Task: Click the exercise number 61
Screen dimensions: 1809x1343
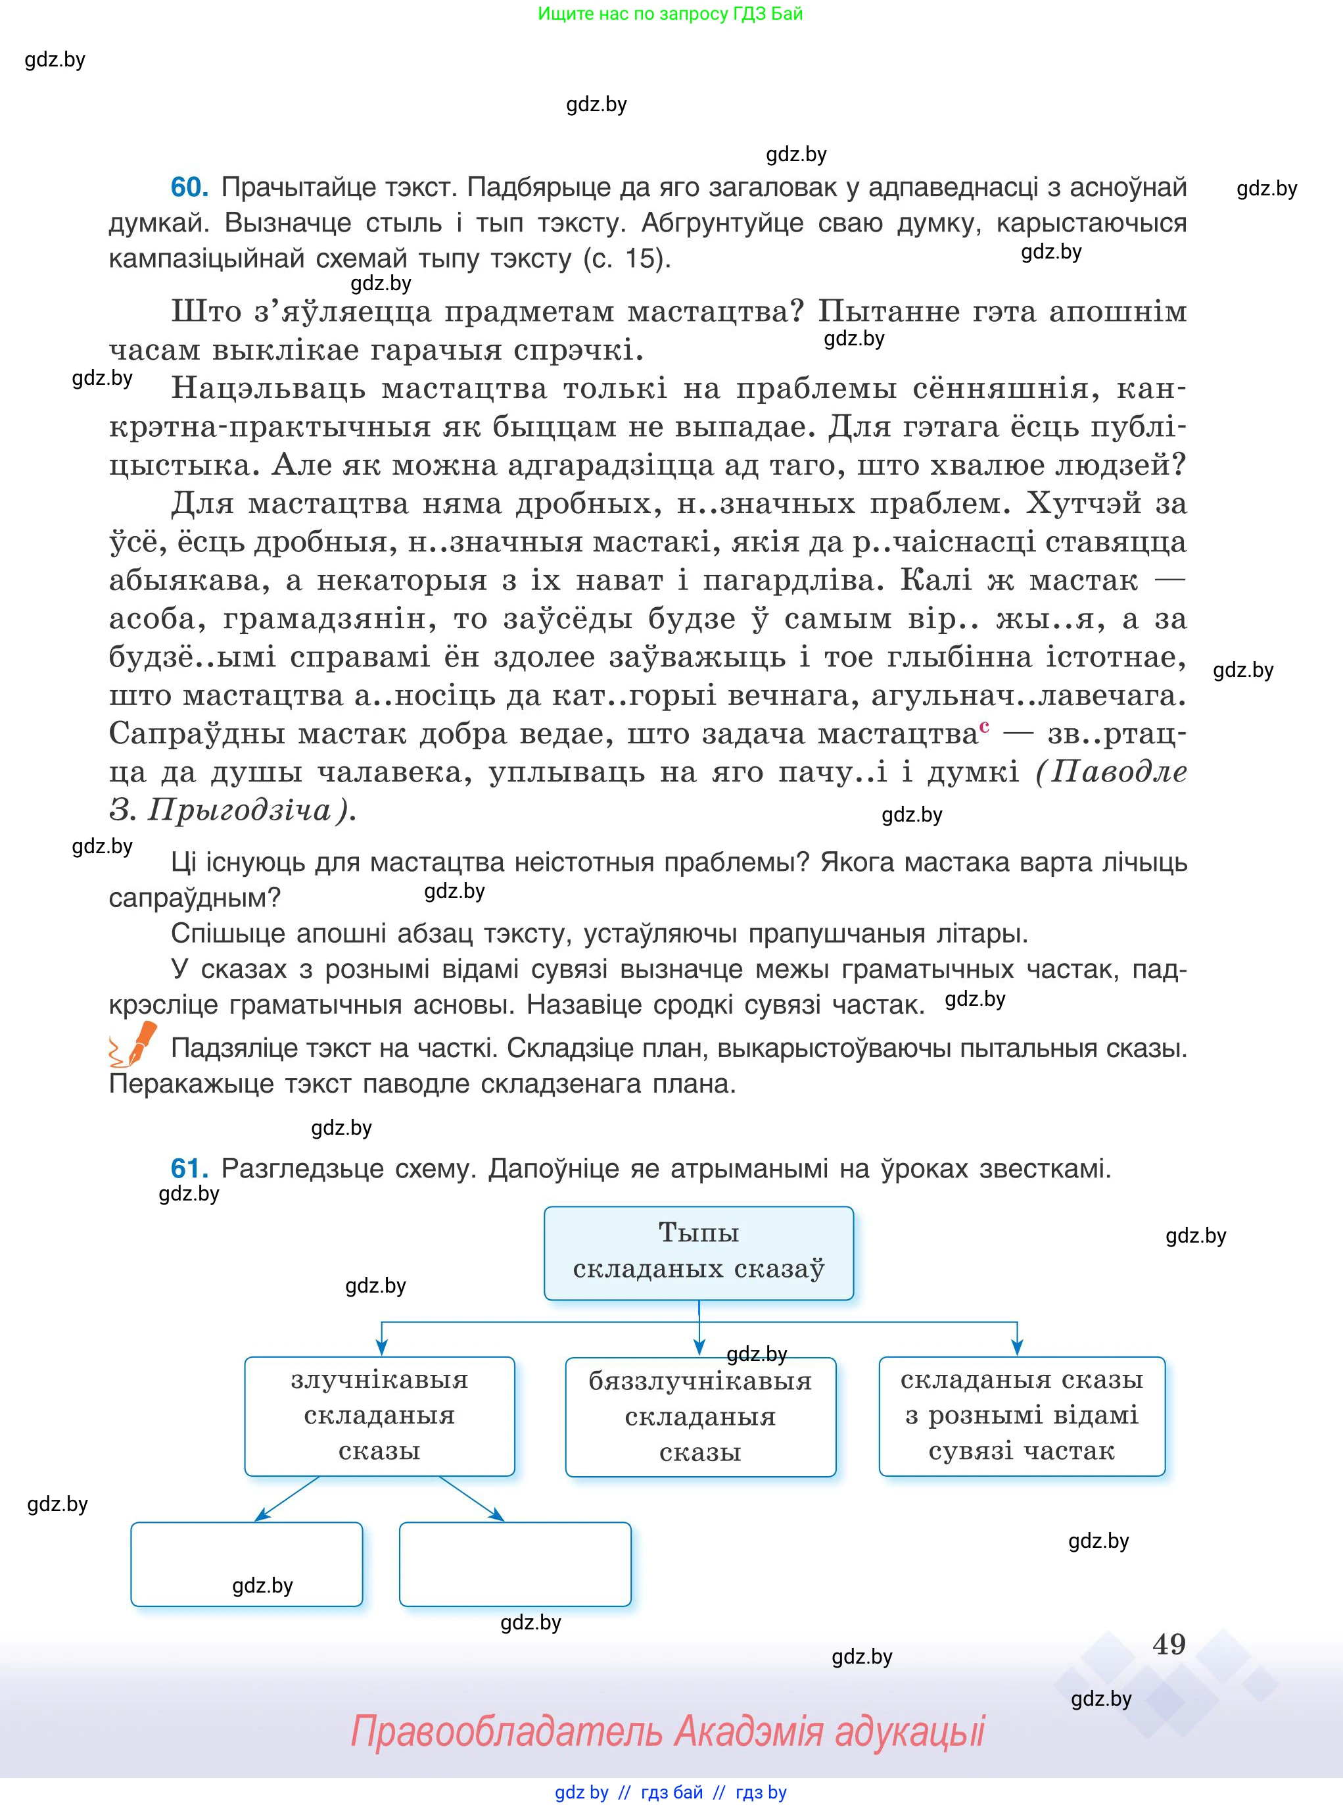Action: (189, 1169)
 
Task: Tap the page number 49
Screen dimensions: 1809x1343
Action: (1169, 1644)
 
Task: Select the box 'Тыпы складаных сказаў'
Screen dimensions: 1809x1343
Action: (698, 1252)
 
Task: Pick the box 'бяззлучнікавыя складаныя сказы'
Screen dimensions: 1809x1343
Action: (700, 1416)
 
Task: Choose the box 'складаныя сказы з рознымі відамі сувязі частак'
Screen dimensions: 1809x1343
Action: (1022, 1416)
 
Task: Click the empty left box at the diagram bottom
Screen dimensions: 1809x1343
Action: (247, 1564)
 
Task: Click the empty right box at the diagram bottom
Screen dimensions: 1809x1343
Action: (515, 1564)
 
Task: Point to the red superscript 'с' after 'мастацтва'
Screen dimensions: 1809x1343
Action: (985, 726)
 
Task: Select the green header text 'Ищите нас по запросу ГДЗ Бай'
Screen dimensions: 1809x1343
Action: (670, 14)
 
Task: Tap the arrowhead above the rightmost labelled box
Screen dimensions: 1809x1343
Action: (1018, 1348)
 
